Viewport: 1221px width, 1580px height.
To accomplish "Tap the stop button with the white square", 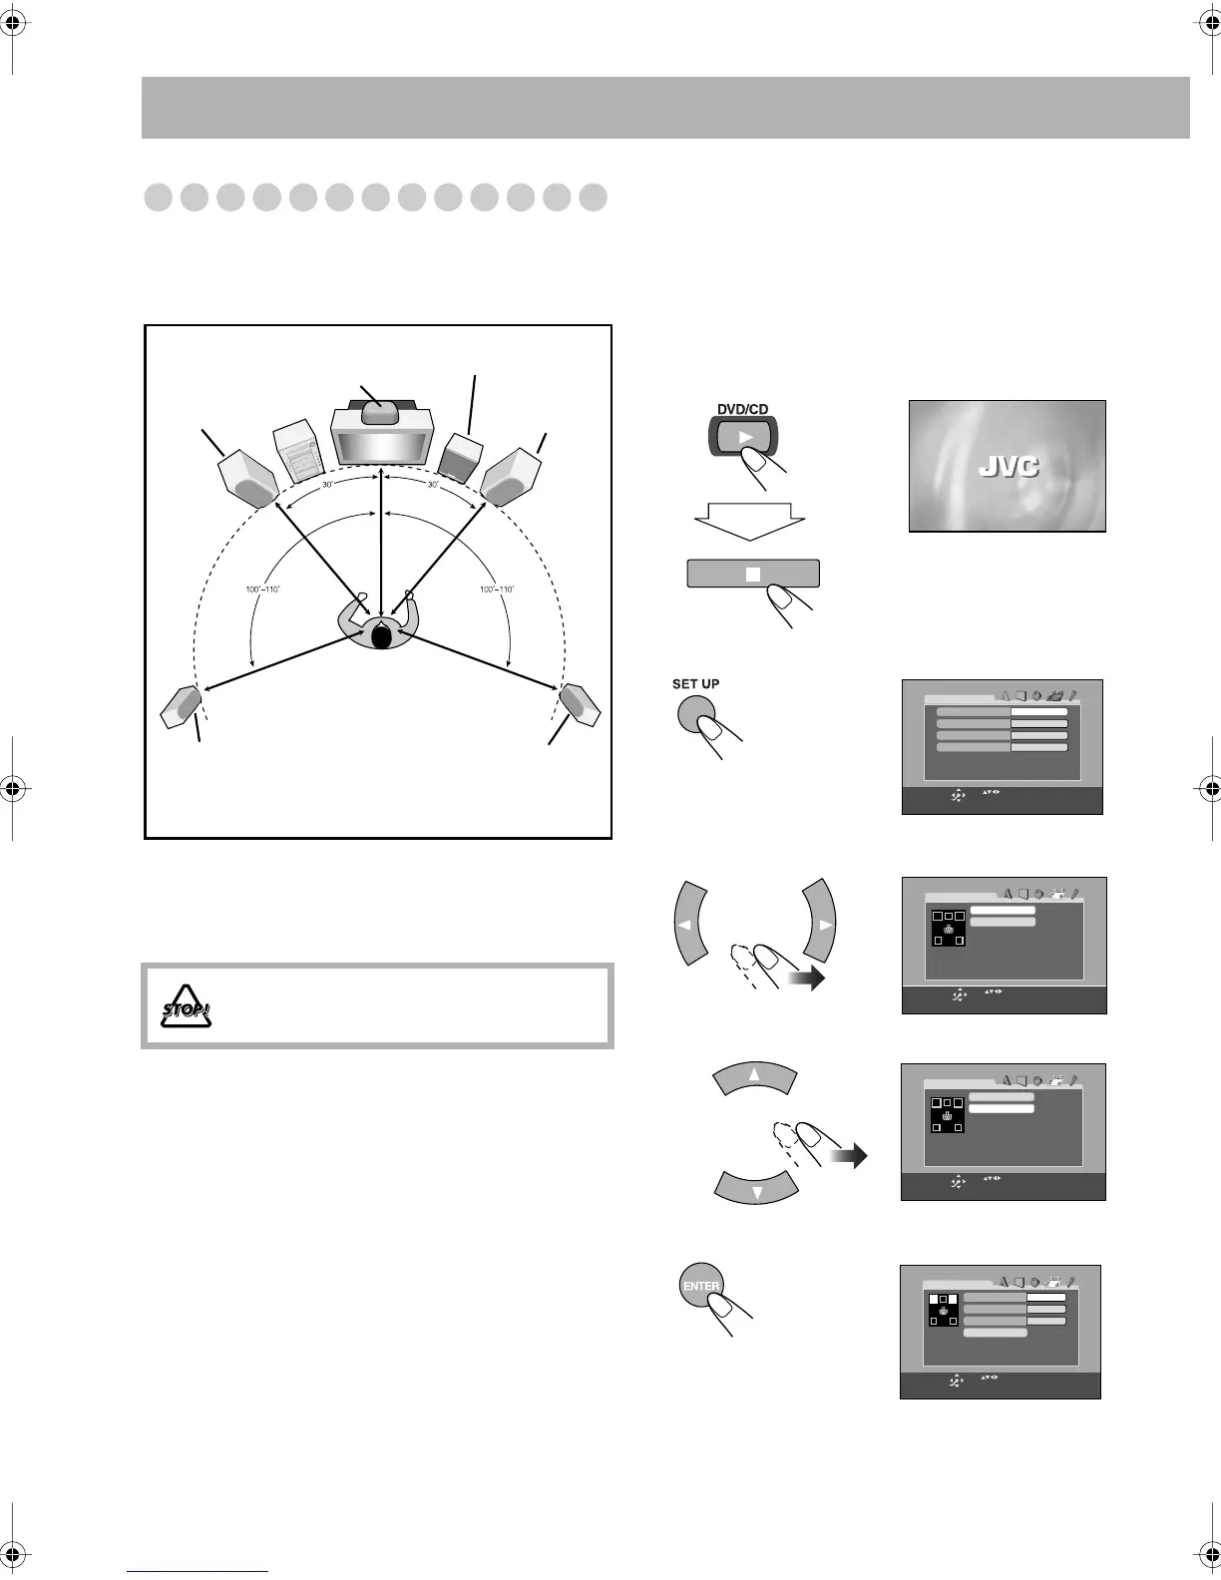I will pyautogui.click(x=752, y=574).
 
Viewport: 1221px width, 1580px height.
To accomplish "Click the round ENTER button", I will pyautogui.click(x=700, y=1287).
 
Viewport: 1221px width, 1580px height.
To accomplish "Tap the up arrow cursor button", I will pyautogui.click(x=754, y=1077).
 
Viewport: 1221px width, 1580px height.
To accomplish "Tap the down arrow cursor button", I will pyautogui.click(x=757, y=1189).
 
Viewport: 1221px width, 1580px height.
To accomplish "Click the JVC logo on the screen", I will pyautogui.click(x=1008, y=466).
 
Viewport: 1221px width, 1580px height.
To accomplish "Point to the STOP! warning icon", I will pyautogui.click(x=188, y=1006).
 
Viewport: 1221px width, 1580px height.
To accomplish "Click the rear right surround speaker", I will pyautogui.click(x=579, y=704).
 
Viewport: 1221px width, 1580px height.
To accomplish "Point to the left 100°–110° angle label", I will pyautogui.click(x=263, y=590).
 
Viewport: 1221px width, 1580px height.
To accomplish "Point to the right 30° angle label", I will pyautogui.click(x=433, y=485).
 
